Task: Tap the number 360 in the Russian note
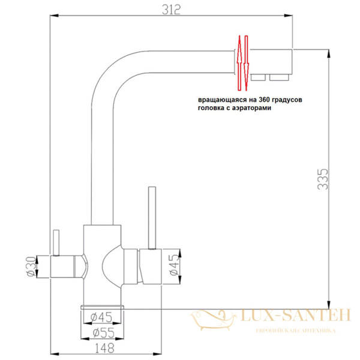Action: coord(251,100)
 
